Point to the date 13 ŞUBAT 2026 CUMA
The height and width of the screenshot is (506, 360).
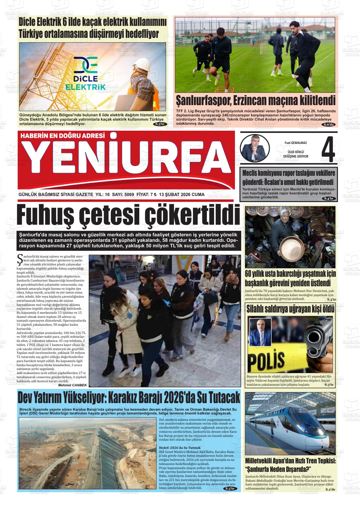point(182,194)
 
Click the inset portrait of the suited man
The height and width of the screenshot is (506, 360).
point(260,331)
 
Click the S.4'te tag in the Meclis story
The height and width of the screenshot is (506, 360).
point(330,198)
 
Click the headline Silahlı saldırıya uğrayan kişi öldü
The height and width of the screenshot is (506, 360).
point(290,309)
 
